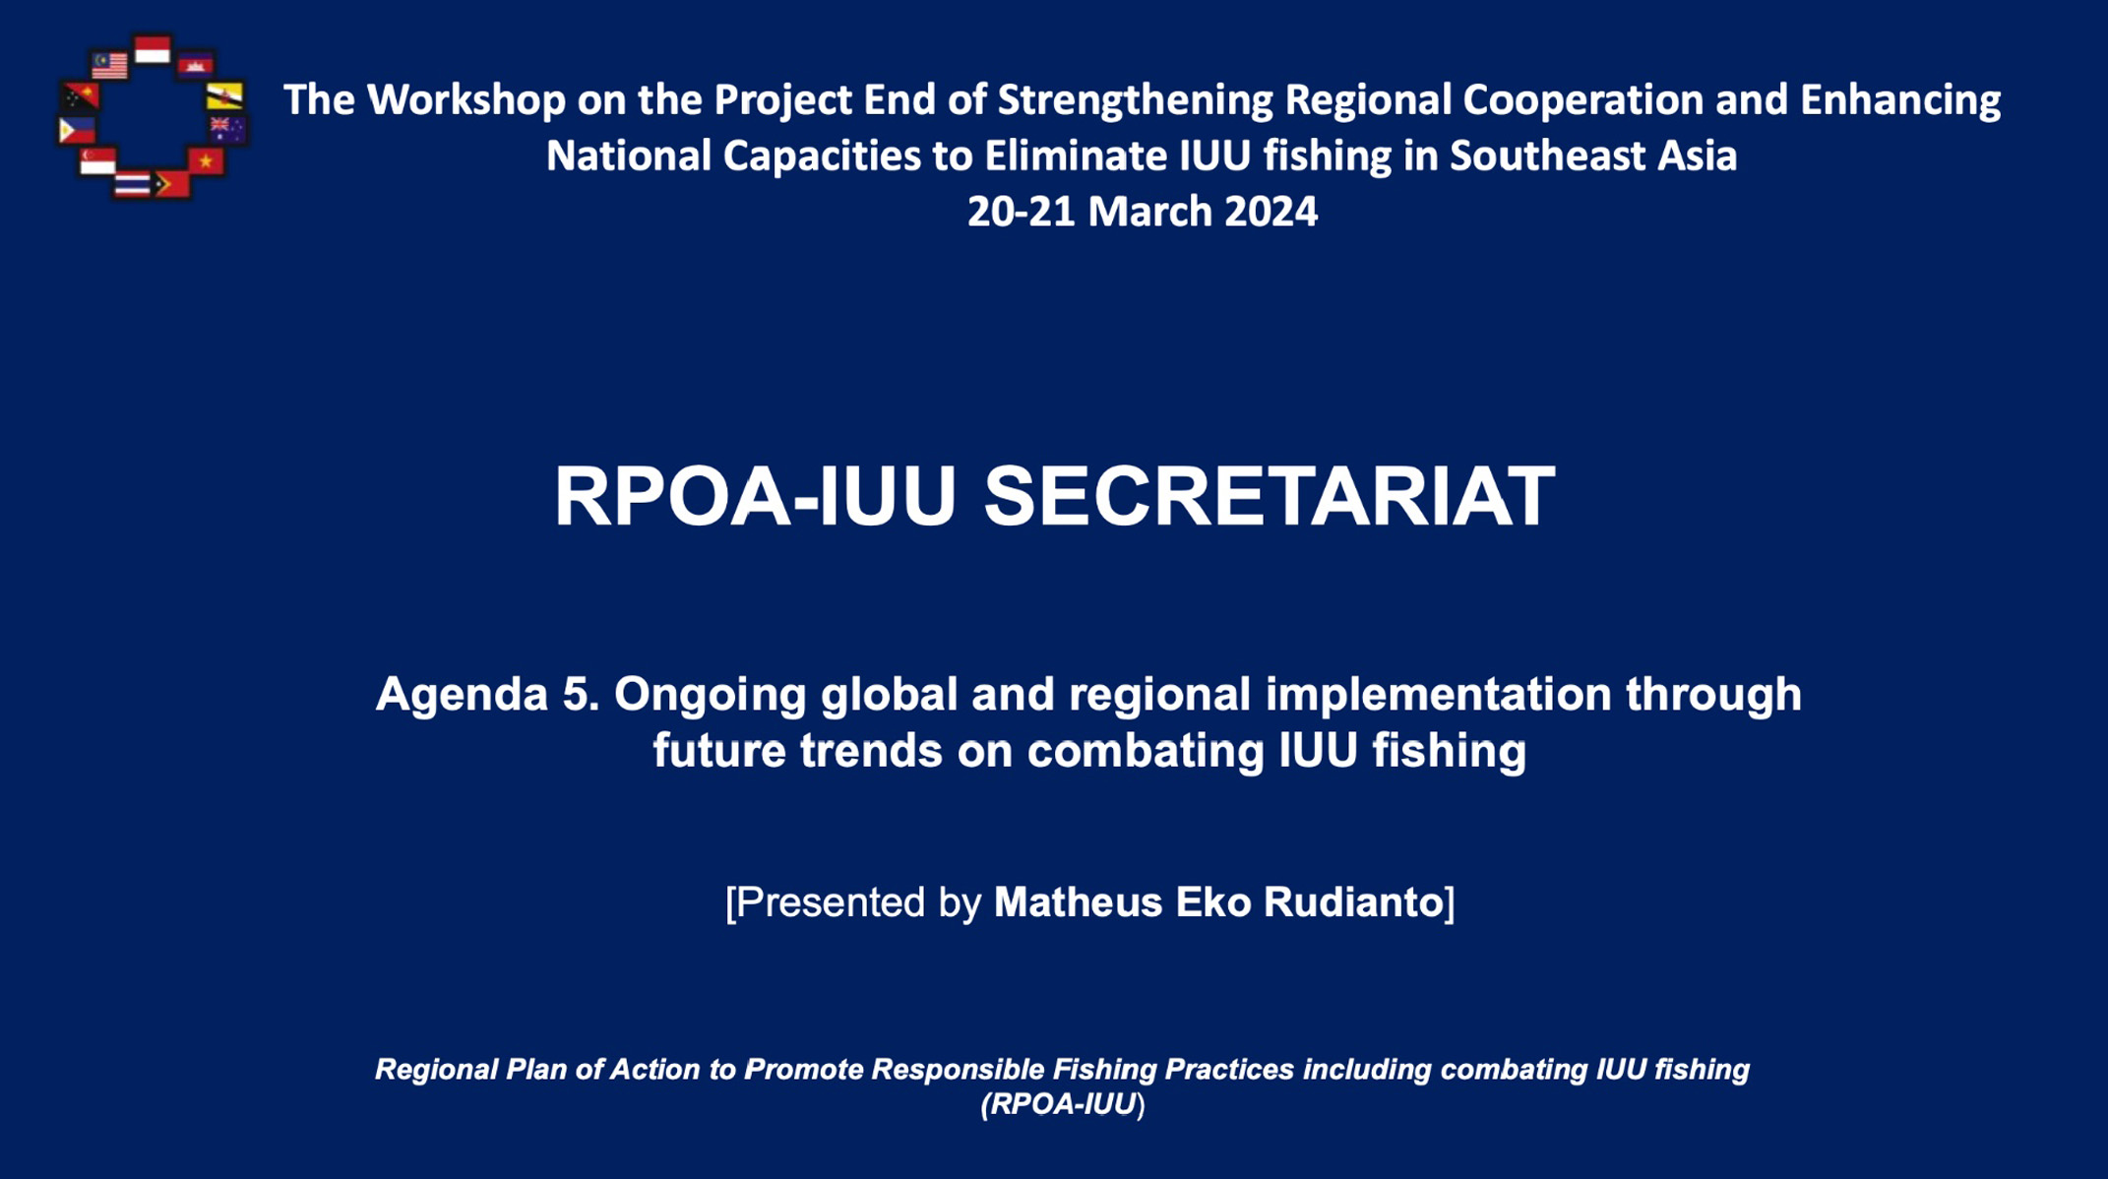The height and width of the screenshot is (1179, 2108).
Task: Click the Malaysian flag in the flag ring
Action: click(109, 65)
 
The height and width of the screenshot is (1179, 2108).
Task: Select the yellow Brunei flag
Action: click(225, 95)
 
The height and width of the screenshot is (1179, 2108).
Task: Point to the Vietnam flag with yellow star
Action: click(206, 160)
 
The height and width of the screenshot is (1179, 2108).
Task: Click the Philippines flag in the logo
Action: click(77, 129)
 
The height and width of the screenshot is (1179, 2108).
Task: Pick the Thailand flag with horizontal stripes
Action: click(132, 183)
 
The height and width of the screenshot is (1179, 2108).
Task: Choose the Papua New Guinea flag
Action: click(81, 96)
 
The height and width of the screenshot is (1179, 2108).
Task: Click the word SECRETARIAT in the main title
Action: click(1270, 496)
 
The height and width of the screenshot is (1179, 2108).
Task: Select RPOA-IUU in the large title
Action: click(755, 496)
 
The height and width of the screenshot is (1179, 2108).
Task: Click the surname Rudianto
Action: click(1352, 902)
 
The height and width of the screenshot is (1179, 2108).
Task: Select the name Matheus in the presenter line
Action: click(1078, 902)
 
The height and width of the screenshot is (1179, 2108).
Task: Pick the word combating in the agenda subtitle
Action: click(1146, 752)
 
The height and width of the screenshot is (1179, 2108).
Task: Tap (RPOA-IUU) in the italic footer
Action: click(1063, 1104)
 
